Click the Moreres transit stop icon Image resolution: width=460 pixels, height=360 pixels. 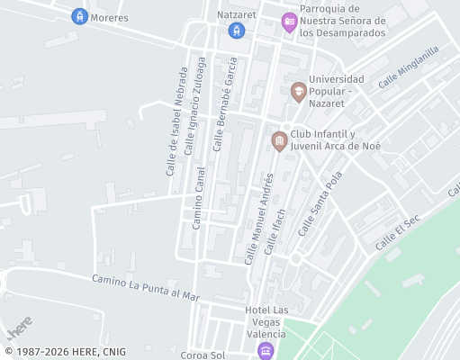point(79,17)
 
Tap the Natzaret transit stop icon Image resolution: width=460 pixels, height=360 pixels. point(237,31)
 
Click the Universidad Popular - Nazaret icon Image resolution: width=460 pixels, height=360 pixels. point(298,91)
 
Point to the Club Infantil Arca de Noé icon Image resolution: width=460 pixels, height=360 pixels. point(279,141)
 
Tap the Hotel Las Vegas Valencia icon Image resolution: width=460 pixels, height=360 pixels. point(265,350)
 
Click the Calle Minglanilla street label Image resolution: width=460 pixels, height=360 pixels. point(408,67)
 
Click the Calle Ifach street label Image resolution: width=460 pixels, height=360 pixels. point(275,231)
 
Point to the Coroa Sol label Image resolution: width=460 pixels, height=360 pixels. point(201,355)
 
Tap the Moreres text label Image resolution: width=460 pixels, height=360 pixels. point(110,17)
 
